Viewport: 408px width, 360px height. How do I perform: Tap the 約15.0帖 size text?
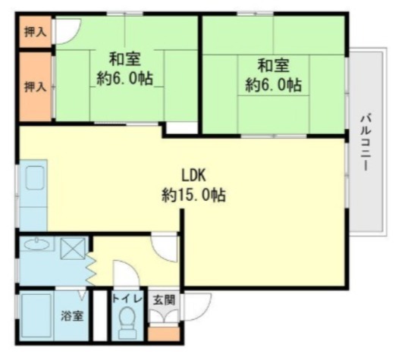[193, 195]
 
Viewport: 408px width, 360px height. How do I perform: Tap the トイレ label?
[126, 298]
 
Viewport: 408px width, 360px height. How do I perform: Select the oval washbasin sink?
[36, 245]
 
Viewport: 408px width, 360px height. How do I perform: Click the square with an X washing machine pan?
[74, 247]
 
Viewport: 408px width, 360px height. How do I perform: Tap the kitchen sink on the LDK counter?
[35, 180]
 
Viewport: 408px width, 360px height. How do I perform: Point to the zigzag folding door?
[90, 269]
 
